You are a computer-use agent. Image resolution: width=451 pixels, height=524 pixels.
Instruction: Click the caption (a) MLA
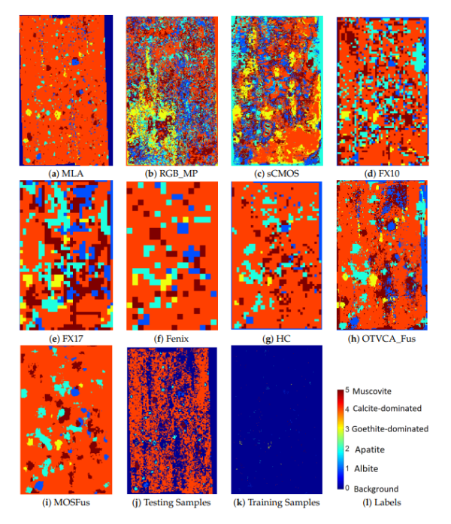click(x=65, y=172)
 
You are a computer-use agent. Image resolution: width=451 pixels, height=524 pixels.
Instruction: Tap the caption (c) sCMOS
click(x=277, y=172)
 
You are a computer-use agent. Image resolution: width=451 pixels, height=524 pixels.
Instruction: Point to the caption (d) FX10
click(x=381, y=172)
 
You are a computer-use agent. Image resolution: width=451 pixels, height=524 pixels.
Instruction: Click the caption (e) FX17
click(x=65, y=338)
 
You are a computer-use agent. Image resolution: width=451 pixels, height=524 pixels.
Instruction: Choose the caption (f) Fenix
click(x=172, y=338)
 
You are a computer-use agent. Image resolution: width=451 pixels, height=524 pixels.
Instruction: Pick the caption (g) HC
click(x=277, y=338)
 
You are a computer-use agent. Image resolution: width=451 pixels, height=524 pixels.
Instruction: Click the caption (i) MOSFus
click(x=65, y=502)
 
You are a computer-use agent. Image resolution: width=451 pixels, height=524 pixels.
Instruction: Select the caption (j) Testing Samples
click(x=172, y=502)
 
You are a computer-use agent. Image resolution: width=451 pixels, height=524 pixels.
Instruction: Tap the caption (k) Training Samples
click(x=277, y=502)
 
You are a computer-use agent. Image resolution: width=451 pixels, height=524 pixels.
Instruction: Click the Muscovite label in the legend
click(x=374, y=391)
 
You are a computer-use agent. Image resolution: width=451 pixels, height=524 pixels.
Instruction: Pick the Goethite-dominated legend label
click(x=390, y=428)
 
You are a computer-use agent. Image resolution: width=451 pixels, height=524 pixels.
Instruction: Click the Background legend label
click(x=376, y=488)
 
